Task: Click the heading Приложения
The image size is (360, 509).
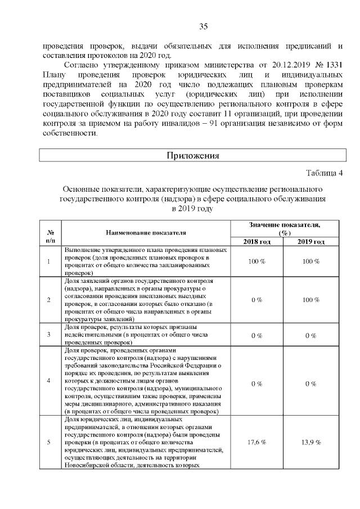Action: (x=192, y=155)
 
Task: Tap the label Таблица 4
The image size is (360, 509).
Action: (x=324, y=172)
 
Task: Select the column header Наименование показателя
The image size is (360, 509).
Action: (x=146, y=232)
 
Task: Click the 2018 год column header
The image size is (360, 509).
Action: (x=256, y=241)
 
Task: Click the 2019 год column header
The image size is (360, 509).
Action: (x=311, y=241)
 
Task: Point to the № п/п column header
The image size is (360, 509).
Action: (x=50, y=236)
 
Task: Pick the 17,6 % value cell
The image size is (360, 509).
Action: (x=256, y=442)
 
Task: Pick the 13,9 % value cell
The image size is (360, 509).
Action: (x=311, y=442)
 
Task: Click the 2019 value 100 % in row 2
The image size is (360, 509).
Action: (x=311, y=300)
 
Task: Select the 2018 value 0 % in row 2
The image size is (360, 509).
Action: (x=256, y=300)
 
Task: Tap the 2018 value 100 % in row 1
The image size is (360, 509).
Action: (x=256, y=262)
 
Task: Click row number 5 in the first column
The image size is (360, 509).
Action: (x=49, y=442)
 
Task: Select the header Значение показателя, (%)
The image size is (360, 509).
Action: (x=284, y=228)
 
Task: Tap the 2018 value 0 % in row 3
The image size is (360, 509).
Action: (x=256, y=336)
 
